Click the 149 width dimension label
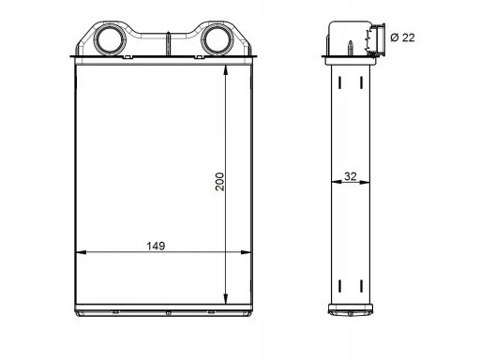pyautogui.click(x=156, y=246)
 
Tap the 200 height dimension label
pyautogui.click(x=220, y=182)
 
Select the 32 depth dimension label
pyautogui.click(x=350, y=176)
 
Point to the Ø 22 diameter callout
pyautogui.click(x=402, y=37)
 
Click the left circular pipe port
pyautogui.click(x=110, y=40)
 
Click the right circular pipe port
pyautogui.click(x=217, y=40)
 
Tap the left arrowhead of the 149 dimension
pyautogui.click(x=81, y=252)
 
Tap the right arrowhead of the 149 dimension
pyautogui.click(x=246, y=252)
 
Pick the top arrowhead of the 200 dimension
pyautogui.click(x=226, y=70)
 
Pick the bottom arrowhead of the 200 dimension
pyautogui.click(x=226, y=298)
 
